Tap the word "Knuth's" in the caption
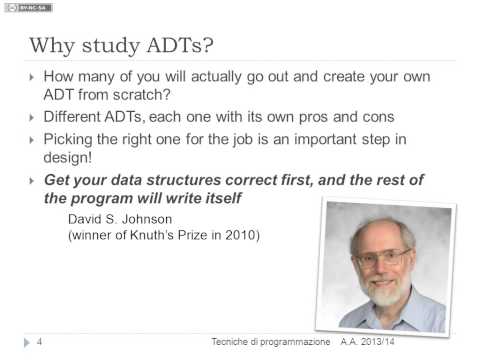[151, 235]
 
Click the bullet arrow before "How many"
[33, 76]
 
